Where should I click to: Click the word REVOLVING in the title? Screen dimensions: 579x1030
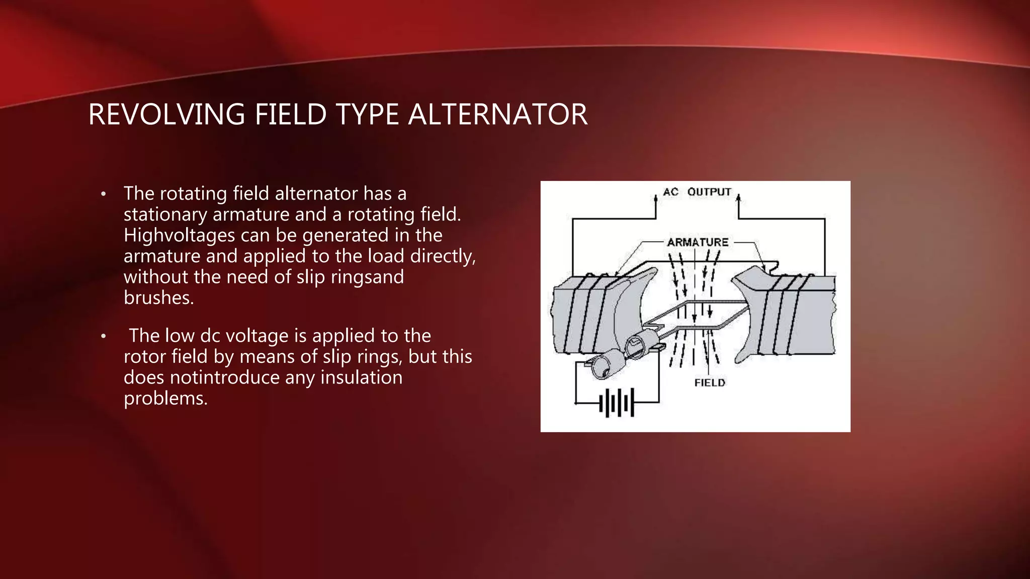166,114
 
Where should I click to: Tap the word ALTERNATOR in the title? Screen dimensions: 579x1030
497,114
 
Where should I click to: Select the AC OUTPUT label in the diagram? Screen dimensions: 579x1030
697,192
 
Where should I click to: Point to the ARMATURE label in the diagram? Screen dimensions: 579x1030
698,242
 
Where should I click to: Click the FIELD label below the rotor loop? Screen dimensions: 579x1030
710,383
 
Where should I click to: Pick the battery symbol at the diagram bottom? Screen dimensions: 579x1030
617,403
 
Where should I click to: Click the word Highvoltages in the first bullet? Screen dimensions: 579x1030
179,236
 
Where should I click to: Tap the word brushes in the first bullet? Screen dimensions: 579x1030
158,298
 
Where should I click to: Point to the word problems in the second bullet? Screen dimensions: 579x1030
165,399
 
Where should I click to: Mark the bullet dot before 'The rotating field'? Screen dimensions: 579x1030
104,195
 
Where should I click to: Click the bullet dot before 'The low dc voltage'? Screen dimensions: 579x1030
104,336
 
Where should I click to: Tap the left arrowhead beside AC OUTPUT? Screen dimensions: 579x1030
656,199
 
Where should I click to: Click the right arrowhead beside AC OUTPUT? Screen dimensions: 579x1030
738,199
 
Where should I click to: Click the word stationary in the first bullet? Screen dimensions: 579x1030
165,215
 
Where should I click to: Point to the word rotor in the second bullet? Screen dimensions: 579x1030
145,357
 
